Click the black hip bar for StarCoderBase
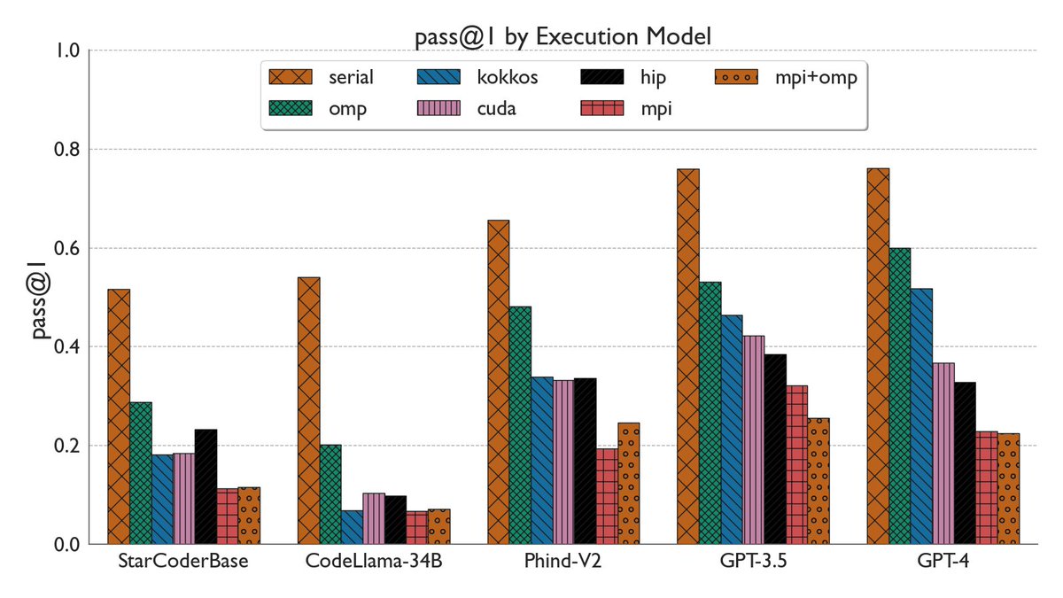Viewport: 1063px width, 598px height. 206,486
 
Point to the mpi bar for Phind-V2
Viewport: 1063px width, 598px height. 607,496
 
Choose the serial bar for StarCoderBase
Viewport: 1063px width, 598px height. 119,416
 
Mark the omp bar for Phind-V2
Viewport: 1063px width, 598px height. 520,425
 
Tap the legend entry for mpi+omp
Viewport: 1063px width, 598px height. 786,77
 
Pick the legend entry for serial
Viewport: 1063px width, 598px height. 322,77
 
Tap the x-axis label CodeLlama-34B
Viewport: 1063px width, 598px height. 374,563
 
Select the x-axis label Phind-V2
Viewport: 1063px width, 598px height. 563,563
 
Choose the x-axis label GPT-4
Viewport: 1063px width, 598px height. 943,563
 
